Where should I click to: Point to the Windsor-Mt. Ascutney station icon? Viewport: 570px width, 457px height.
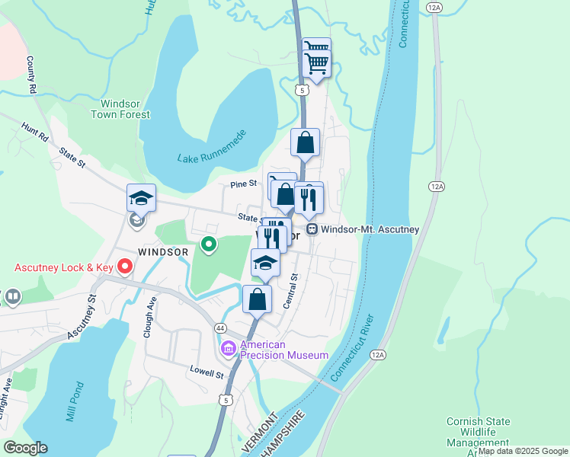click(x=312, y=228)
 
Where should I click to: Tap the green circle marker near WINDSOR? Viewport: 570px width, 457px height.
click(x=208, y=244)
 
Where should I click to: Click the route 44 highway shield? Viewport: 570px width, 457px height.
click(x=220, y=327)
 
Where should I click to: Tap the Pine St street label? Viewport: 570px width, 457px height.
click(x=244, y=184)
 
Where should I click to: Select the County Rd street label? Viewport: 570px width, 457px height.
click(x=32, y=74)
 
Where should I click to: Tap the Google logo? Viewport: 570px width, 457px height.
click(x=25, y=448)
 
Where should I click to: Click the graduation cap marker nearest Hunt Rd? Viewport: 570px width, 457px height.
click(x=141, y=199)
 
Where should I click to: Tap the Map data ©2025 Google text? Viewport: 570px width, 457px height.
click(x=523, y=451)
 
